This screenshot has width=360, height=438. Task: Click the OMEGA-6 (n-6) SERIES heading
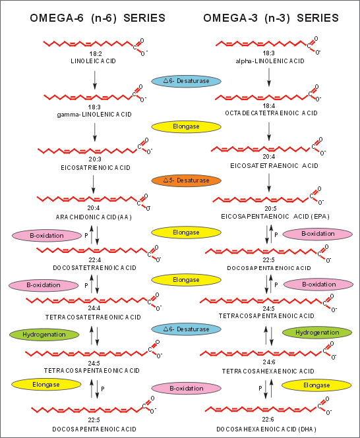pyautogui.click(x=98, y=18)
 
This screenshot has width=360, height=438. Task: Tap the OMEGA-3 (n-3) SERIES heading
pyautogui.click(x=271, y=18)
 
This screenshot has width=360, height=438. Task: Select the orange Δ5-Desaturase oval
pyautogui.click(x=187, y=180)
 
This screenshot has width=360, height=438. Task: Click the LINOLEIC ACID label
pyautogui.click(x=93, y=61)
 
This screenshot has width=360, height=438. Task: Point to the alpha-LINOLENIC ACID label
pyautogui.click(x=270, y=61)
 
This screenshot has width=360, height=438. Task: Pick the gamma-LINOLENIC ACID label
pyautogui.click(x=94, y=115)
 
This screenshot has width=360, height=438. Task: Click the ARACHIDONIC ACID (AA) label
pyautogui.click(x=94, y=217)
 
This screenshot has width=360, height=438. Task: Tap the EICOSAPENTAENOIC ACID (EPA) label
pyautogui.click(x=275, y=217)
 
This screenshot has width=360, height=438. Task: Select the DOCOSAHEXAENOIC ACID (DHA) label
pyautogui.click(x=266, y=429)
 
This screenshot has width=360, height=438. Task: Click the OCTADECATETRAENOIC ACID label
pyautogui.click(x=271, y=113)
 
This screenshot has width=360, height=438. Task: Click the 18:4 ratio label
pyautogui.click(x=268, y=106)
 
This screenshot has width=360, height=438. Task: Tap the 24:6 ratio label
pyautogui.click(x=269, y=362)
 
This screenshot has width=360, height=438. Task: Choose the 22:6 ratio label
pyautogui.click(x=268, y=420)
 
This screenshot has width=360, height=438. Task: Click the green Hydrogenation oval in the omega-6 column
pyautogui.click(x=44, y=335)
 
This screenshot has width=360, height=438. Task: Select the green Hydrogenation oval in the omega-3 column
pyautogui.click(x=317, y=333)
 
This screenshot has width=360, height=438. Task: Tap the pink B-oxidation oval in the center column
pyautogui.click(x=187, y=389)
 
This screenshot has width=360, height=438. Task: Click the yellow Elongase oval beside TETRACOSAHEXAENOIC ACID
pyautogui.click(x=316, y=385)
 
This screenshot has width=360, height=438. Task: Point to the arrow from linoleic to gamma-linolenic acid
pyautogui.click(x=95, y=80)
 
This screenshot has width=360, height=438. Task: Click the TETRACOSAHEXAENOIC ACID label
pyautogui.click(x=268, y=371)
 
